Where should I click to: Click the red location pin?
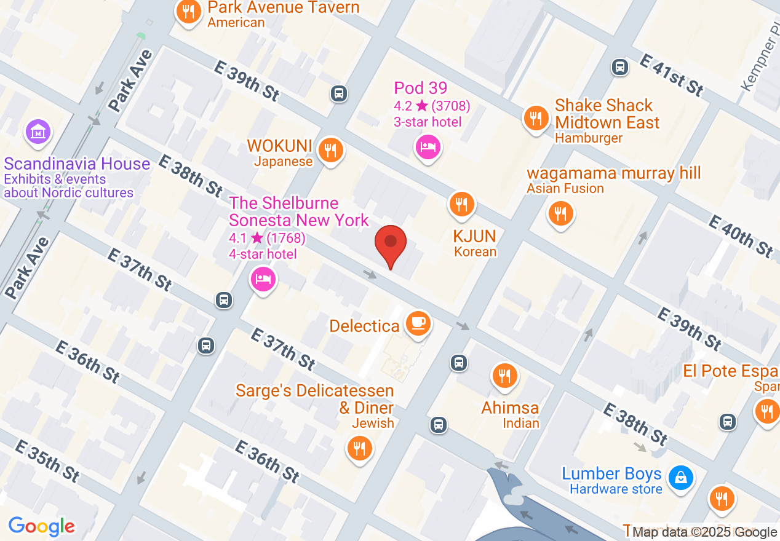tap(391, 243)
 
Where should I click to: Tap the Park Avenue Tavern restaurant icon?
tap(189, 12)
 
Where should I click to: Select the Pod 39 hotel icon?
tap(428, 146)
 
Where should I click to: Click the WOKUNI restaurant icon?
tap(331, 149)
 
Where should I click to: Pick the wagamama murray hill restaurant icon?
tap(560, 213)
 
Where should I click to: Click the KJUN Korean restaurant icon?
tap(461, 204)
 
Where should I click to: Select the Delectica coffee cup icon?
tap(418, 322)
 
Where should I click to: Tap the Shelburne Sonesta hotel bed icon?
tap(263, 280)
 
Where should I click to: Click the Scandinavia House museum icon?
tap(38, 132)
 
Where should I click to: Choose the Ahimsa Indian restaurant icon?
tap(504, 375)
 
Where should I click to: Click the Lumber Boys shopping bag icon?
tap(681, 477)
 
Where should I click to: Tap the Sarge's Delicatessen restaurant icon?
tap(359, 448)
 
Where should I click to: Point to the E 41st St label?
tap(671, 74)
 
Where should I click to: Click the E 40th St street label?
tap(741, 235)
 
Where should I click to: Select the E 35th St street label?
tap(47, 460)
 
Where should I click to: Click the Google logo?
tap(41, 526)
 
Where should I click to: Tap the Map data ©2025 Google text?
tap(704, 532)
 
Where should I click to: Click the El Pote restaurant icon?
tap(766, 410)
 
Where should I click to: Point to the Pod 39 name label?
tap(420, 88)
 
